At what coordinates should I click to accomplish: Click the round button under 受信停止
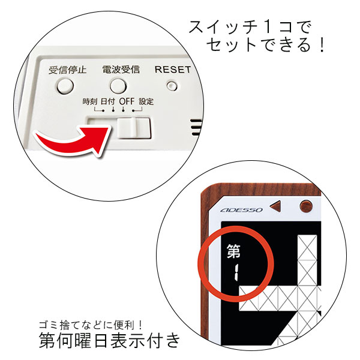(x=65, y=86)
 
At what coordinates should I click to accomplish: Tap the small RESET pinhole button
(x=172, y=86)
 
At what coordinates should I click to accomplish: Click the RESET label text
(x=173, y=70)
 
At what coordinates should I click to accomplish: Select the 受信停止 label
(x=67, y=70)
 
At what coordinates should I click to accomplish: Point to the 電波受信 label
(x=121, y=70)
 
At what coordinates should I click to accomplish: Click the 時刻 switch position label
(x=90, y=101)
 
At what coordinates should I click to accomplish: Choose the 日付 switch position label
(x=107, y=101)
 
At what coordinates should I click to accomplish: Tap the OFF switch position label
(x=127, y=101)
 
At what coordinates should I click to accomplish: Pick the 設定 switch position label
(x=146, y=101)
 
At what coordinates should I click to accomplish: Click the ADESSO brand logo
(x=241, y=210)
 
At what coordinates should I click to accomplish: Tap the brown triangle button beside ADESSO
(x=275, y=206)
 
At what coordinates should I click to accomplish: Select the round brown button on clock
(x=306, y=206)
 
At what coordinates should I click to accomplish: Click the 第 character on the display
(x=234, y=251)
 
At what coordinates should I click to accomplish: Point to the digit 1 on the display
(x=236, y=272)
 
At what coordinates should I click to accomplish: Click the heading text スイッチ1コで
(x=250, y=27)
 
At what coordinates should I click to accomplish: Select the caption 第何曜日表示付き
(x=110, y=340)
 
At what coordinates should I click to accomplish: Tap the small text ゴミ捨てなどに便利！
(x=91, y=325)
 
